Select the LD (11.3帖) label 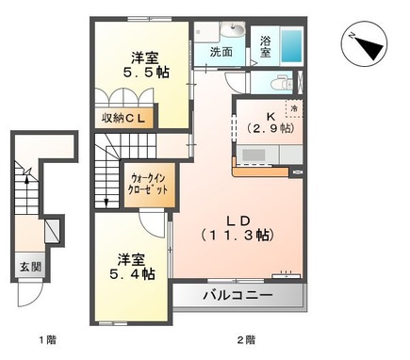[240, 225]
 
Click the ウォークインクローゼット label [147, 183]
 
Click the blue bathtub [293, 43]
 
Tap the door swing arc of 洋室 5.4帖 [151, 224]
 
